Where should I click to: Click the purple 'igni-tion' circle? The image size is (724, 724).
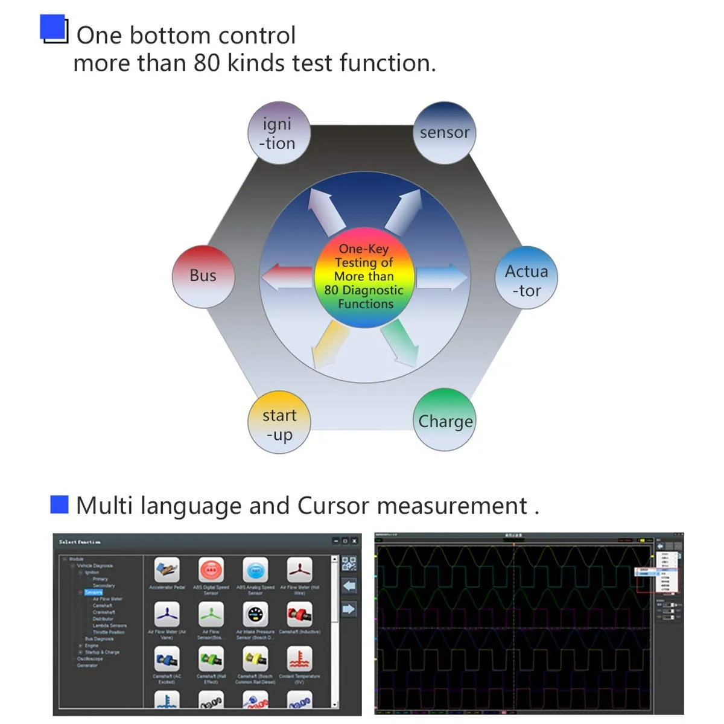(x=279, y=133)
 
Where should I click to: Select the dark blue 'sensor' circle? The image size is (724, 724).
(x=445, y=133)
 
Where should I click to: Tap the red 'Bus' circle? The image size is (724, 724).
(x=203, y=276)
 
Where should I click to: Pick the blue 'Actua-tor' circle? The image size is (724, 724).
(x=526, y=278)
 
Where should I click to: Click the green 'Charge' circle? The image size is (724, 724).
(x=445, y=420)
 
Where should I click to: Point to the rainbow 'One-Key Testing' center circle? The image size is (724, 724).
(x=364, y=277)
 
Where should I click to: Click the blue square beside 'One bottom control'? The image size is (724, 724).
(x=52, y=28)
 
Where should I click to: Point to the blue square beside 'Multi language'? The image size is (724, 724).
(x=59, y=504)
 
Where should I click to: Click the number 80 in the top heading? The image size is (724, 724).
(x=207, y=63)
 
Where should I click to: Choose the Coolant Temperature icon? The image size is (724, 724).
(x=299, y=659)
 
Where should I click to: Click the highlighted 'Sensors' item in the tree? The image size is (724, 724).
(x=94, y=592)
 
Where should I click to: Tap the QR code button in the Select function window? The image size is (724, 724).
(x=349, y=564)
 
